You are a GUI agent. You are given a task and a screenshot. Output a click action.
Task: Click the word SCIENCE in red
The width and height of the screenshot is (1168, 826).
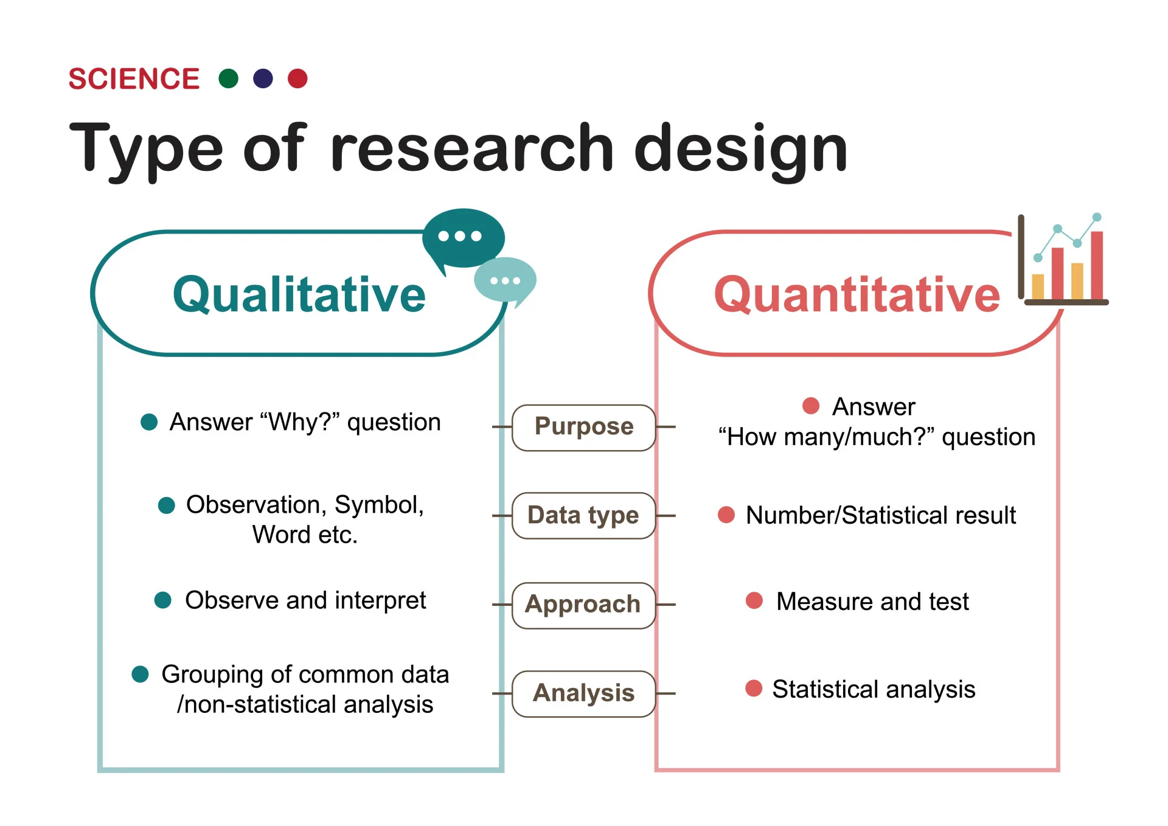(x=134, y=79)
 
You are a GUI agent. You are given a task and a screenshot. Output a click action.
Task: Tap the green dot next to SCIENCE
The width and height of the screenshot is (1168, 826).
(x=228, y=78)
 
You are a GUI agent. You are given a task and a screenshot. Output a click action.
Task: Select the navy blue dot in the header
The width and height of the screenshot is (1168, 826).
(x=263, y=78)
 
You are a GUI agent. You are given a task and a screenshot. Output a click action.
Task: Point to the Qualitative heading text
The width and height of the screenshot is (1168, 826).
(x=299, y=294)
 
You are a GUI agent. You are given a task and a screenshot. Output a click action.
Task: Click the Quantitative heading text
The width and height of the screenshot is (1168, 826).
(x=857, y=294)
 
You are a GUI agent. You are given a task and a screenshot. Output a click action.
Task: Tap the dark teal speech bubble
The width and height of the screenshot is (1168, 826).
(x=463, y=238)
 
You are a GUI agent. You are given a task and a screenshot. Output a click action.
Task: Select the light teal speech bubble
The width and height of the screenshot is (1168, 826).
(x=505, y=280)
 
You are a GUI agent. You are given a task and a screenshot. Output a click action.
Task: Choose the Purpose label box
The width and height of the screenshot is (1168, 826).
(x=583, y=427)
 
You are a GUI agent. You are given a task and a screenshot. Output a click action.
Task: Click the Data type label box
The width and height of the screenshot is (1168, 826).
(x=583, y=515)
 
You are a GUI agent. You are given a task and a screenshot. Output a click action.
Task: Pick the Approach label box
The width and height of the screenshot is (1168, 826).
(x=583, y=605)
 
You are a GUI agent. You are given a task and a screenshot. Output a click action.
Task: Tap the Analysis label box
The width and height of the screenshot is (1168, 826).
(x=583, y=693)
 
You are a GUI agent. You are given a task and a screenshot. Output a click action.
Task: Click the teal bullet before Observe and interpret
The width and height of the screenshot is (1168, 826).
(x=162, y=600)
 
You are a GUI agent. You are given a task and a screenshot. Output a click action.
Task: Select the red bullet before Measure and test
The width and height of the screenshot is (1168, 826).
(x=754, y=600)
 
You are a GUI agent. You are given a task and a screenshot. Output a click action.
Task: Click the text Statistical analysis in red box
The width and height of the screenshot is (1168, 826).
(x=873, y=689)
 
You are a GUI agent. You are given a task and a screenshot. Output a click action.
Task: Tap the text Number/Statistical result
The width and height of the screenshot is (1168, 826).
(x=880, y=515)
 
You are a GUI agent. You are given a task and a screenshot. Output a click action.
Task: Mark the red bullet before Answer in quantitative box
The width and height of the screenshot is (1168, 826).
(x=810, y=406)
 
